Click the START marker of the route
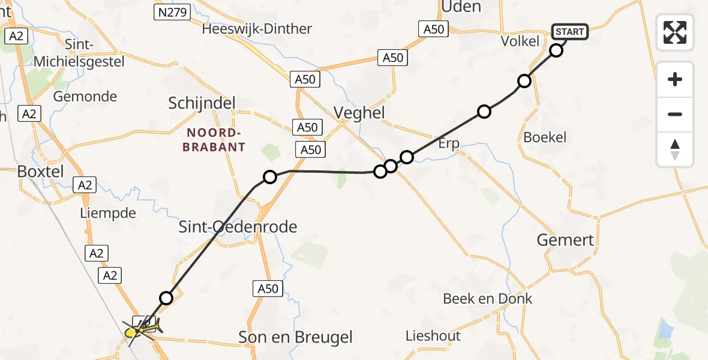(569, 32)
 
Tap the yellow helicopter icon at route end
(142, 328)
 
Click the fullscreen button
(675, 32)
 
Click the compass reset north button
(675, 149)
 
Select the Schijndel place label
(202, 103)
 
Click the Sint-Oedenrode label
(238, 226)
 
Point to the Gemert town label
(566, 240)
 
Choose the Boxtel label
(40, 171)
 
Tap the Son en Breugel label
(295, 337)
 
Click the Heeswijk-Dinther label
(257, 29)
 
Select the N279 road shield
(172, 12)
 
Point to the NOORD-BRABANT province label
(215, 140)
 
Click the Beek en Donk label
(487, 298)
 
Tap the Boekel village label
(545, 137)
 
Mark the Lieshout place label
(433, 335)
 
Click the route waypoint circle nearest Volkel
(556, 50)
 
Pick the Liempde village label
(108, 213)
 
